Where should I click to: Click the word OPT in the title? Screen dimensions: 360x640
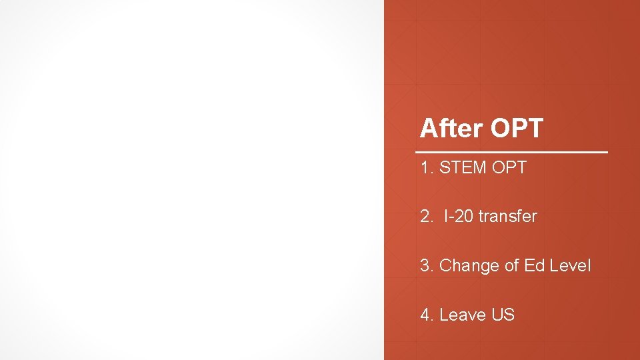(x=517, y=128)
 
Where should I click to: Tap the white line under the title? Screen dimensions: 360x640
(x=513, y=153)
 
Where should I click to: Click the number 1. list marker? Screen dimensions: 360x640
(x=427, y=168)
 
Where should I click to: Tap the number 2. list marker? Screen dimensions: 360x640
(x=427, y=217)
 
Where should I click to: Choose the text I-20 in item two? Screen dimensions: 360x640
(x=459, y=217)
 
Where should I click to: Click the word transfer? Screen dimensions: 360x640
(x=507, y=217)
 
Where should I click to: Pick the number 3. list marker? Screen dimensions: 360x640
(x=427, y=266)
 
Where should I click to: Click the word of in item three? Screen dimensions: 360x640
(x=512, y=266)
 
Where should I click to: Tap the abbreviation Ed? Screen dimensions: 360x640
(x=535, y=266)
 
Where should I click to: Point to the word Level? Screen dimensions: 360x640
(x=571, y=266)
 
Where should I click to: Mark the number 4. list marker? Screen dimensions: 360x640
(x=427, y=315)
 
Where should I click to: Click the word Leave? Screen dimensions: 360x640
(x=463, y=315)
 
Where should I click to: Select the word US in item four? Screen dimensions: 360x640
(x=503, y=315)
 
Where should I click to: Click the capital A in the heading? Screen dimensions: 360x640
(x=428, y=129)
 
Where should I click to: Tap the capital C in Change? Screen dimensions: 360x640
(x=445, y=266)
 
